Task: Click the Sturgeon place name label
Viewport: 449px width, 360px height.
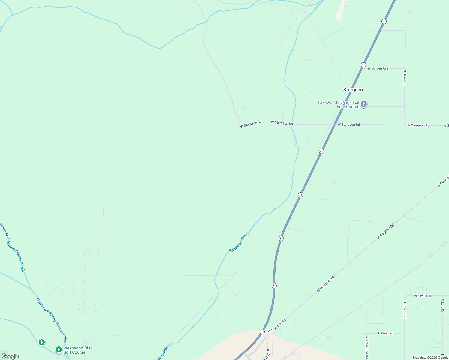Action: pyautogui.click(x=353, y=90)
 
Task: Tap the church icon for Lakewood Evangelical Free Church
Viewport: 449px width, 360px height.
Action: pyautogui.click(x=364, y=104)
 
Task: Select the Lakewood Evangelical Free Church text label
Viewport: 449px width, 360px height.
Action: pyautogui.click(x=339, y=104)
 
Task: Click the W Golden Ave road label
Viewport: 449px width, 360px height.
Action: pyautogui.click(x=378, y=68)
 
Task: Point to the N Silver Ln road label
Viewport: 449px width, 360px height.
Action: pyautogui.click(x=405, y=78)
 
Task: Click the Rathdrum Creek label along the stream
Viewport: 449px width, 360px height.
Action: pyautogui.click(x=239, y=242)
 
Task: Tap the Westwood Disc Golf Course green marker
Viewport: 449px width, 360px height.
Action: pyautogui.click(x=59, y=350)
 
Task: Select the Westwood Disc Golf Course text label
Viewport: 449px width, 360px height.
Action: pyautogui.click(x=78, y=350)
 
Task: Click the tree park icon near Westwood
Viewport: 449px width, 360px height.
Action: pyautogui.click(x=42, y=342)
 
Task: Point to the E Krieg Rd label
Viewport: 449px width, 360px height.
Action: pyautogui.click(x=385, y=333)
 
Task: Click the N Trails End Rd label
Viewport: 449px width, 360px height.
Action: pyautogui.click(x=367, y=347)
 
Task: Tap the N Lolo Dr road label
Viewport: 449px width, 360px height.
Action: pyautogui.click(x=442, y=305)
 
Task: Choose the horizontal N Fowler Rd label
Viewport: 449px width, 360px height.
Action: pyautogui.click(x=423, y=296)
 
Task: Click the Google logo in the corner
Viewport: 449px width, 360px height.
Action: pyautogui.click(x=10, y=356)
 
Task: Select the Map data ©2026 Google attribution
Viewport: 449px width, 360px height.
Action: pyautogui.click(x=430, y=358)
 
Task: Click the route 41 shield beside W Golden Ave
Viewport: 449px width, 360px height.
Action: pyautogui.click(x=363, y=65)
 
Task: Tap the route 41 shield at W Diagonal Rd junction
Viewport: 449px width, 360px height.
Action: pyautogui.click(x=262, y=331)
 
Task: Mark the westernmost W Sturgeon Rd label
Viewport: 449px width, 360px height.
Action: pyautogui.click(x=251, y=124)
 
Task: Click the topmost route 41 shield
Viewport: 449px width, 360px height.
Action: pyautogui.click(x=384, y=22)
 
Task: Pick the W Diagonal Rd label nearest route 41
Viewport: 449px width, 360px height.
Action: pyautogui.click(x=276, y=326)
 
